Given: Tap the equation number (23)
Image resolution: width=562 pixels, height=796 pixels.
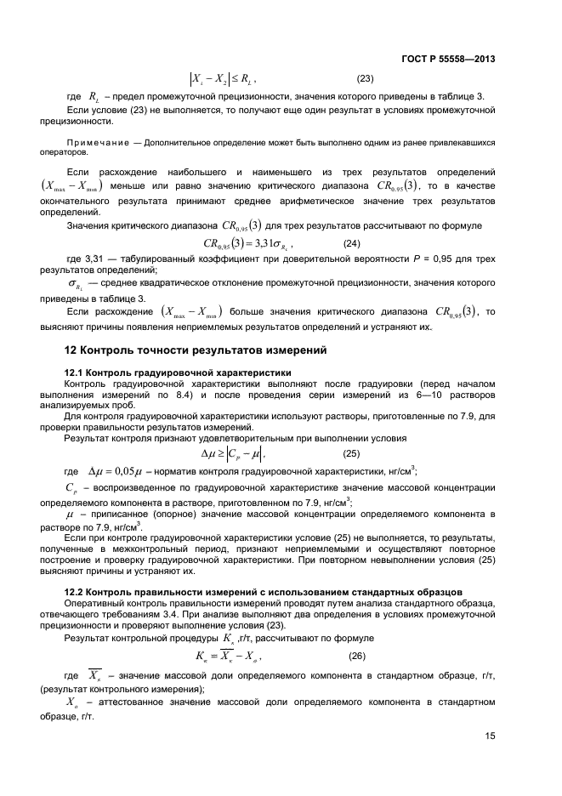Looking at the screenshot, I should click(x=365, y=80).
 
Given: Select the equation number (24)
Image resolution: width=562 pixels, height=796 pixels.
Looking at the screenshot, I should click(x=351, y=243).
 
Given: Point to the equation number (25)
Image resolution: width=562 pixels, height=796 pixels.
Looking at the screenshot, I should click(x=350, y=453).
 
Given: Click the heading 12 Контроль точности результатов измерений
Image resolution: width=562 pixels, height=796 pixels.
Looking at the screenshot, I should click(x=196, y=350).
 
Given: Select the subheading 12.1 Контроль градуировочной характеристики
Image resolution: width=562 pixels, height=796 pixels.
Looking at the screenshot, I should click(x=179, y=372).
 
